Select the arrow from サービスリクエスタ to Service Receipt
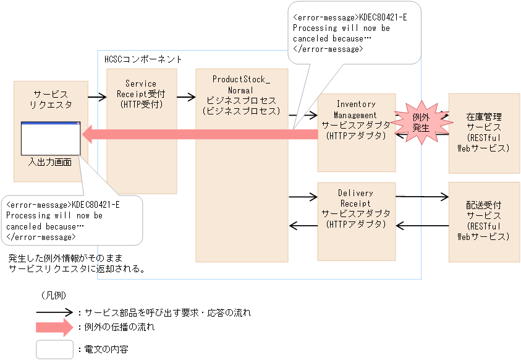click(97, 96)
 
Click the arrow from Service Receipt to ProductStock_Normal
click(186, 96)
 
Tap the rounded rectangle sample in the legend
click(54, 349)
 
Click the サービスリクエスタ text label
click(51, 99)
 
